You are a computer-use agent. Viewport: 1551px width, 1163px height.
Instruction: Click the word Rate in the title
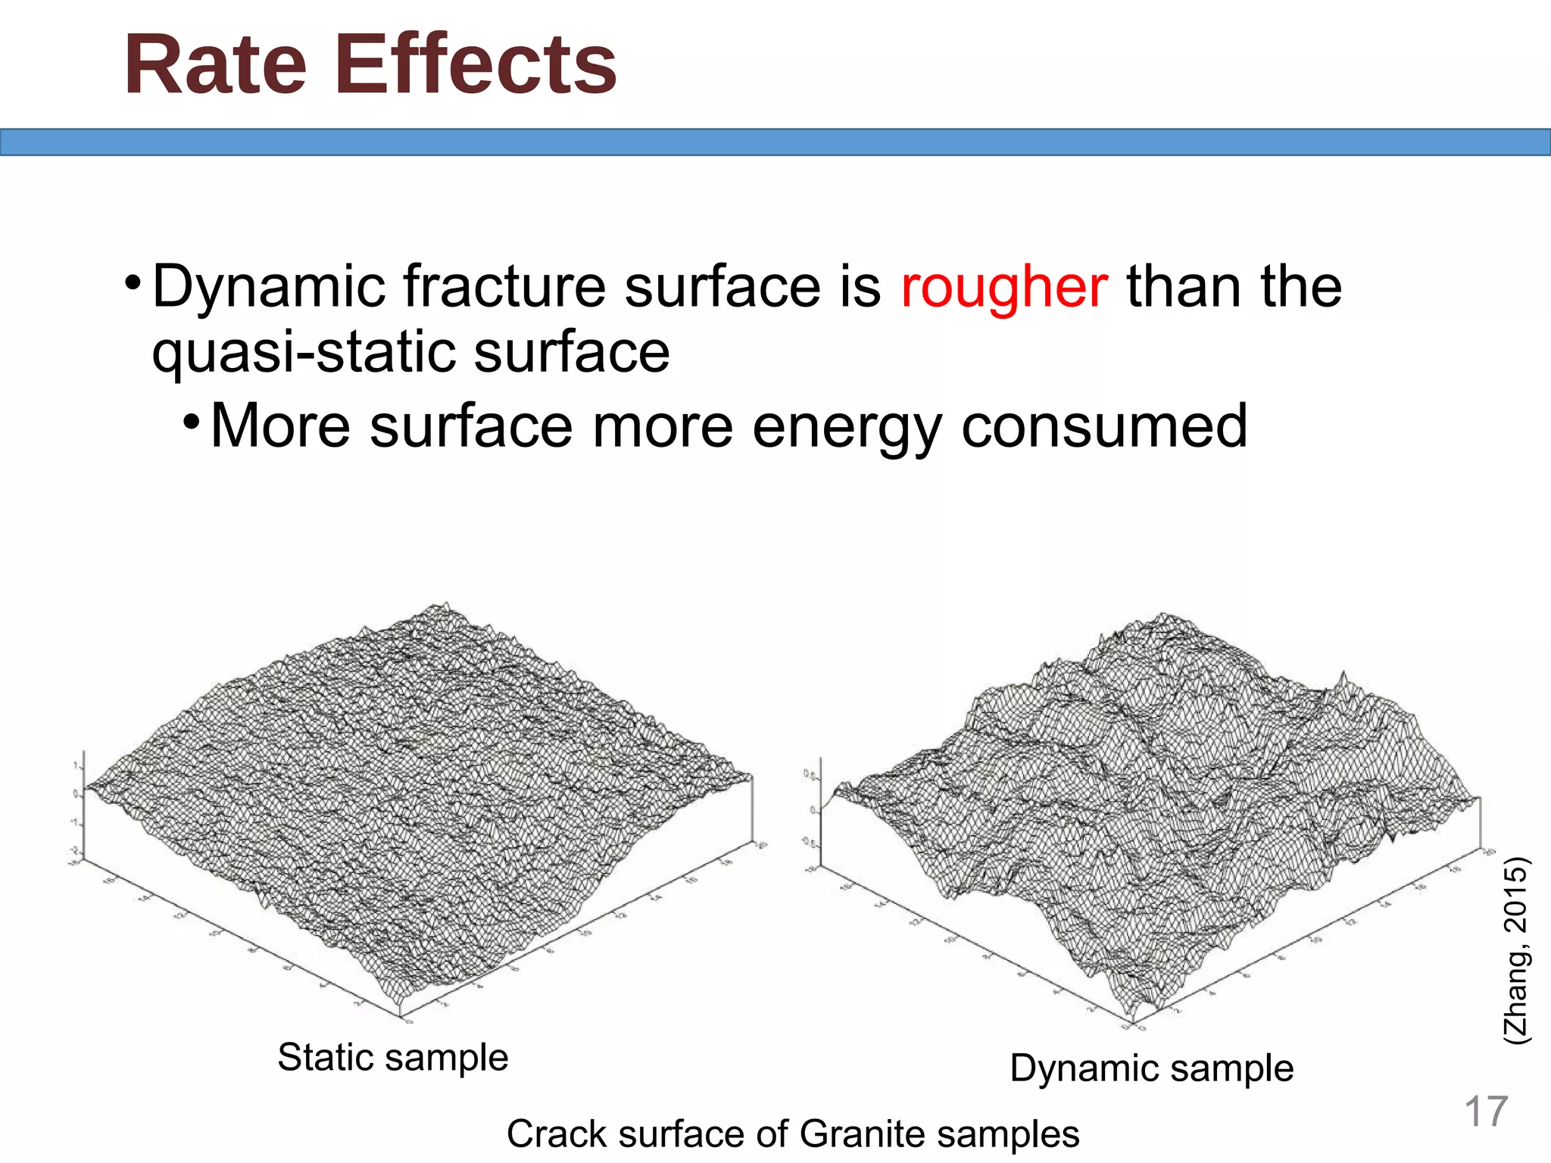pyautogui.click(x=215, y=67)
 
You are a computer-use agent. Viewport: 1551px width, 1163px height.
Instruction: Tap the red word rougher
pyautogui.click(x=1003, y=288)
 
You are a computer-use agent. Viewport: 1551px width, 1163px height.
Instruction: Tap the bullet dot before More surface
pyautogui.click(x=191, y=420)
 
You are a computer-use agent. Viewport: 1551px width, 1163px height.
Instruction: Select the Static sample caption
pyautogui.click(x=392, y=1058)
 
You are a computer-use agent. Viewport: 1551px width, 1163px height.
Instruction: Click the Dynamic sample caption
pyautogui.click(x=1151, y=1069)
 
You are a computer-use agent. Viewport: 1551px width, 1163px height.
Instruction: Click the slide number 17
pyautogui.click(x=1485, y=1112)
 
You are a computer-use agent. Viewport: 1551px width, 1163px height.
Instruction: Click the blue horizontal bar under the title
pyautogui.click(x=775, y=142)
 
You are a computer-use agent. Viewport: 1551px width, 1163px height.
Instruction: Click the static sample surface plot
pyautogui.click(x=417, y=803)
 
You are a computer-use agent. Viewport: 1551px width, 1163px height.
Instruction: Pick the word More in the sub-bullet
pyautogui.click(x=279, y=426)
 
